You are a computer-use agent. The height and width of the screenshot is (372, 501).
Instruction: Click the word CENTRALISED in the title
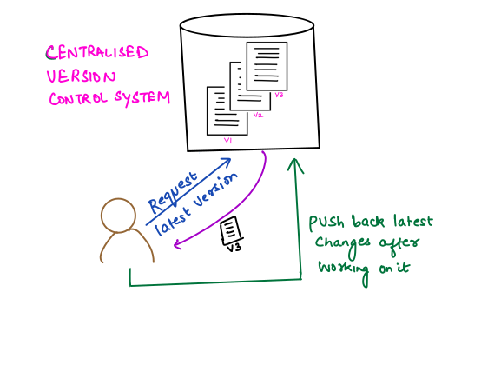pos(97,52)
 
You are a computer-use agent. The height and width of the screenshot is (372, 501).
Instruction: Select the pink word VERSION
pos(81,76)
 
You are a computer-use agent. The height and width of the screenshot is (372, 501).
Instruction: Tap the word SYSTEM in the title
pos(142,98)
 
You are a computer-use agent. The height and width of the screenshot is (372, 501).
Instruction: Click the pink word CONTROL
pos(78,99)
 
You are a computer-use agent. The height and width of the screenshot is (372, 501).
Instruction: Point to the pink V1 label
pos(227,140)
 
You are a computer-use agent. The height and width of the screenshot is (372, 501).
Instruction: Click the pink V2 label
pos(258,115)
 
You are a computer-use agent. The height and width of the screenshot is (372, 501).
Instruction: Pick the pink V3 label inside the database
pos(279,95)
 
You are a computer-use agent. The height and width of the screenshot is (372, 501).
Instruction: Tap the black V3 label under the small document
pos(234,247)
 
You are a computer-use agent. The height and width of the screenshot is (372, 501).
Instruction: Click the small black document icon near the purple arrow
pos(231,230)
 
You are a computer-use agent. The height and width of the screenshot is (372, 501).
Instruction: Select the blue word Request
pos(173,193)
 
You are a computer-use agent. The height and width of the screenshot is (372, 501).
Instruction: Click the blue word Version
pos(215,190)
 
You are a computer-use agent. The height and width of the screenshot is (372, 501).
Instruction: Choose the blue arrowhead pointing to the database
pos(226,161)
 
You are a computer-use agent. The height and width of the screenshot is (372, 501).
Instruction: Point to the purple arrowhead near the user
pos(177,245)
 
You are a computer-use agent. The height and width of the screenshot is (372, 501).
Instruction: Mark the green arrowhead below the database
pos(295,165)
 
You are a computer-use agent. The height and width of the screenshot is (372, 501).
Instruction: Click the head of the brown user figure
pos(118,216)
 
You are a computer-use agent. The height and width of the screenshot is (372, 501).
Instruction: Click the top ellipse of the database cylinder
pos(247,25)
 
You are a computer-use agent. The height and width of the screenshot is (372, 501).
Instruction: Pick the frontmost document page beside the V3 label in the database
pos(267,66)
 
